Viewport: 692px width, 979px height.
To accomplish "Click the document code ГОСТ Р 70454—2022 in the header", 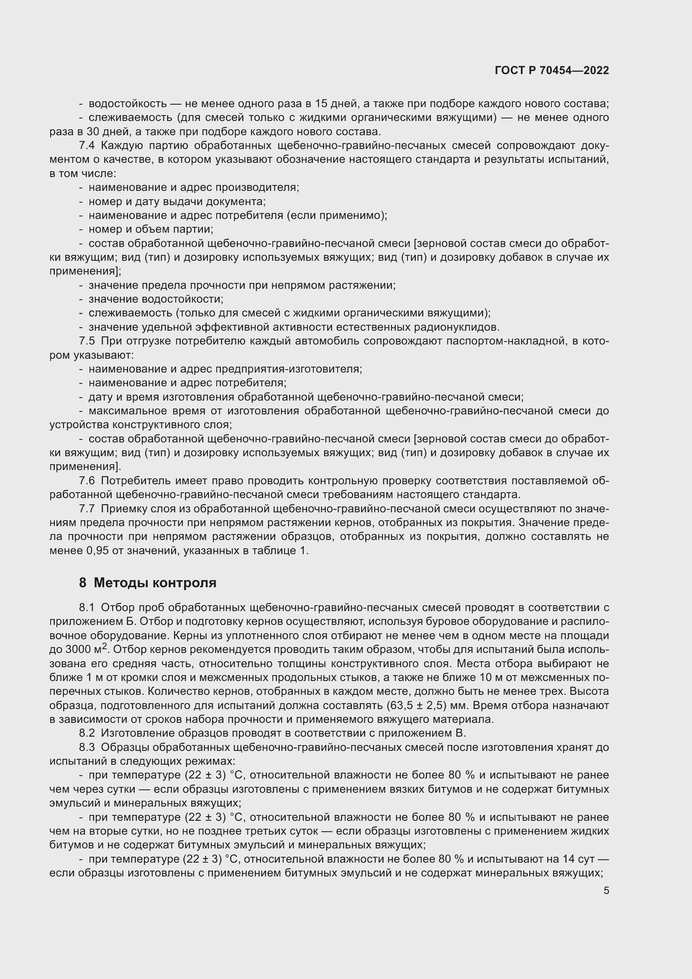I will click(x=552, y=71).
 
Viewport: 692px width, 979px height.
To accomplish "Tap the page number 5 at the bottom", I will click(x=606, y=891).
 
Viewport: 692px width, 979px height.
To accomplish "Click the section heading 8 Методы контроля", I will click(x=147, y=583).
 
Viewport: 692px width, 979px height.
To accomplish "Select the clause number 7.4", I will click(x=87, y=146).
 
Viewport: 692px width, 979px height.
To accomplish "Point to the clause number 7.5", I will click(x=87, y=341).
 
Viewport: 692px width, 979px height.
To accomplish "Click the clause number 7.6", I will click(x=87, y=481).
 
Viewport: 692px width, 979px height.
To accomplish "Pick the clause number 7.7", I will click(x=87, y=509).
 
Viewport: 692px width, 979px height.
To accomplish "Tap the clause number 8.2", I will click(x=87, y=733).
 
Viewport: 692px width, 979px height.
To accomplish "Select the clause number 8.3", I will click(x=87, y=747).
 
